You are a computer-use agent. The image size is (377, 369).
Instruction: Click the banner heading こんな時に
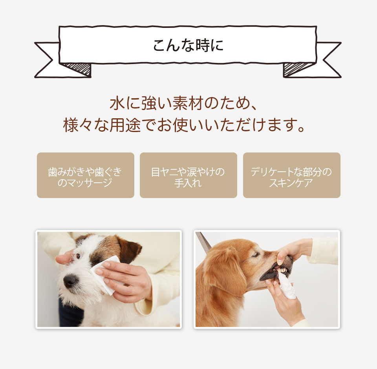[188, 45]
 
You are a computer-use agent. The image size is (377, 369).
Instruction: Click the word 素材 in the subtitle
[188, 103]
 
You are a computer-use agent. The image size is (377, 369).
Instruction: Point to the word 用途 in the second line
[125, 125]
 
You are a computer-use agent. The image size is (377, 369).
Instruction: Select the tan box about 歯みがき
[85, 175]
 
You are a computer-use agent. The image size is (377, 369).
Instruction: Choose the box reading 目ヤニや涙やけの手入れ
[188, 175]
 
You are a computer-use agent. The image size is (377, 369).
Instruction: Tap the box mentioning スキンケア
[292, 175]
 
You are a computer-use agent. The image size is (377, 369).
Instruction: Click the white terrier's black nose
[70, 281]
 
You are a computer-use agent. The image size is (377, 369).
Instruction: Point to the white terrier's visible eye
[78, 256]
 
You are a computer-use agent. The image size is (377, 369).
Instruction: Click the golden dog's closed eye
[255, 255]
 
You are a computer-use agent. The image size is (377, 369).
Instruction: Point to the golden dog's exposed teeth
[282, 270]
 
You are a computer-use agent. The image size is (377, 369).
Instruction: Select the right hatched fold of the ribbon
[296, 69]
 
